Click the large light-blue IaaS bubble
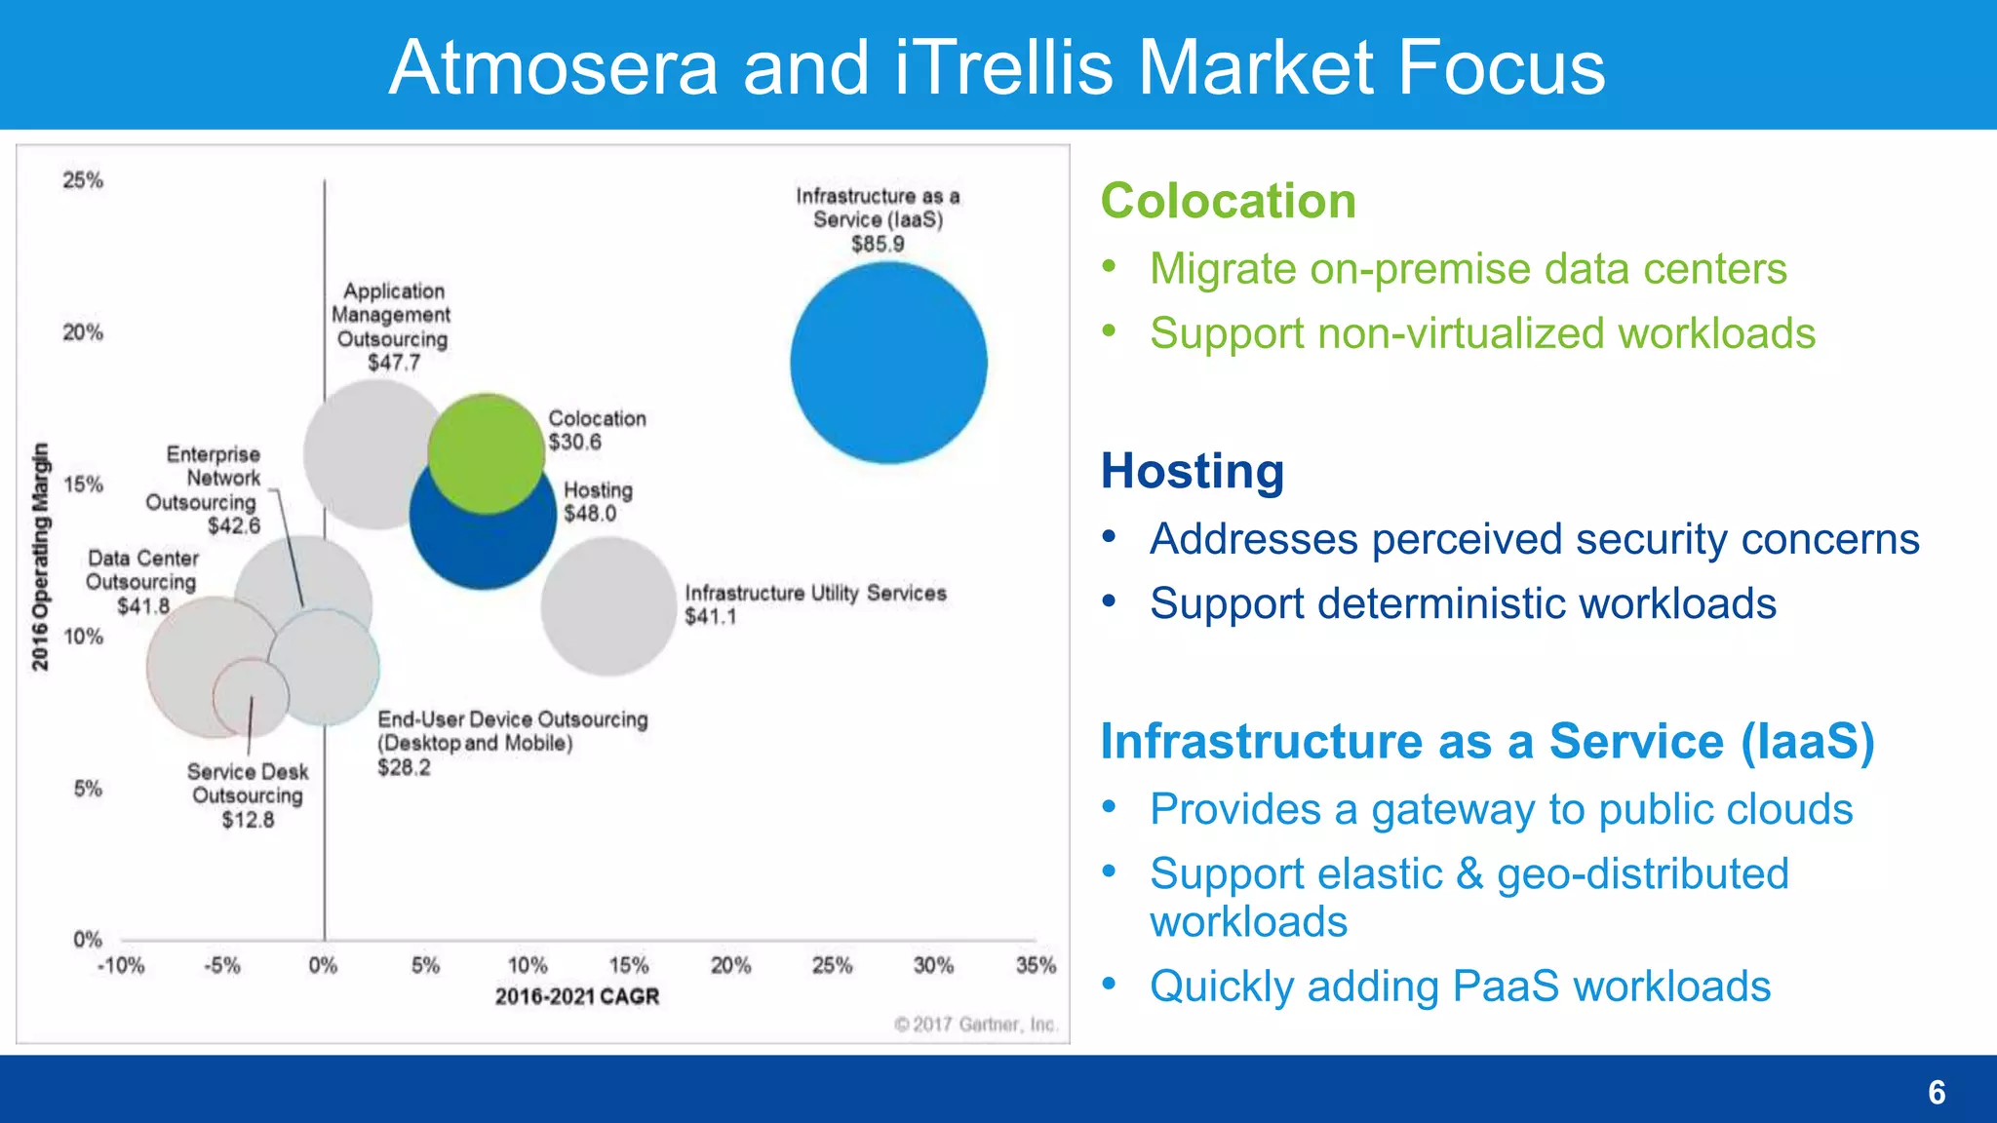888,363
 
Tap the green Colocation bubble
486,454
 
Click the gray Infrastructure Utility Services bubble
608,606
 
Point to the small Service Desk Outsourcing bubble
252,697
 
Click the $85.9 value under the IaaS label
878,244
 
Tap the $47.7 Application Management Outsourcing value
394,363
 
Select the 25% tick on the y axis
83,180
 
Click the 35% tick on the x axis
1036,965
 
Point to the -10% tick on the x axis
121,965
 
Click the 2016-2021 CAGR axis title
577,996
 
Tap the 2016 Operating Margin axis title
40,557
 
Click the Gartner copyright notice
975,1025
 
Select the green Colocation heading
1228,201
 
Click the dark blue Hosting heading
1192,471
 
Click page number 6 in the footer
1937,1092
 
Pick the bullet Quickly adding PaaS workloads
1460,987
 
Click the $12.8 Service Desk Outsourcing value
248,820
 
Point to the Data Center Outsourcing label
142,570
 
